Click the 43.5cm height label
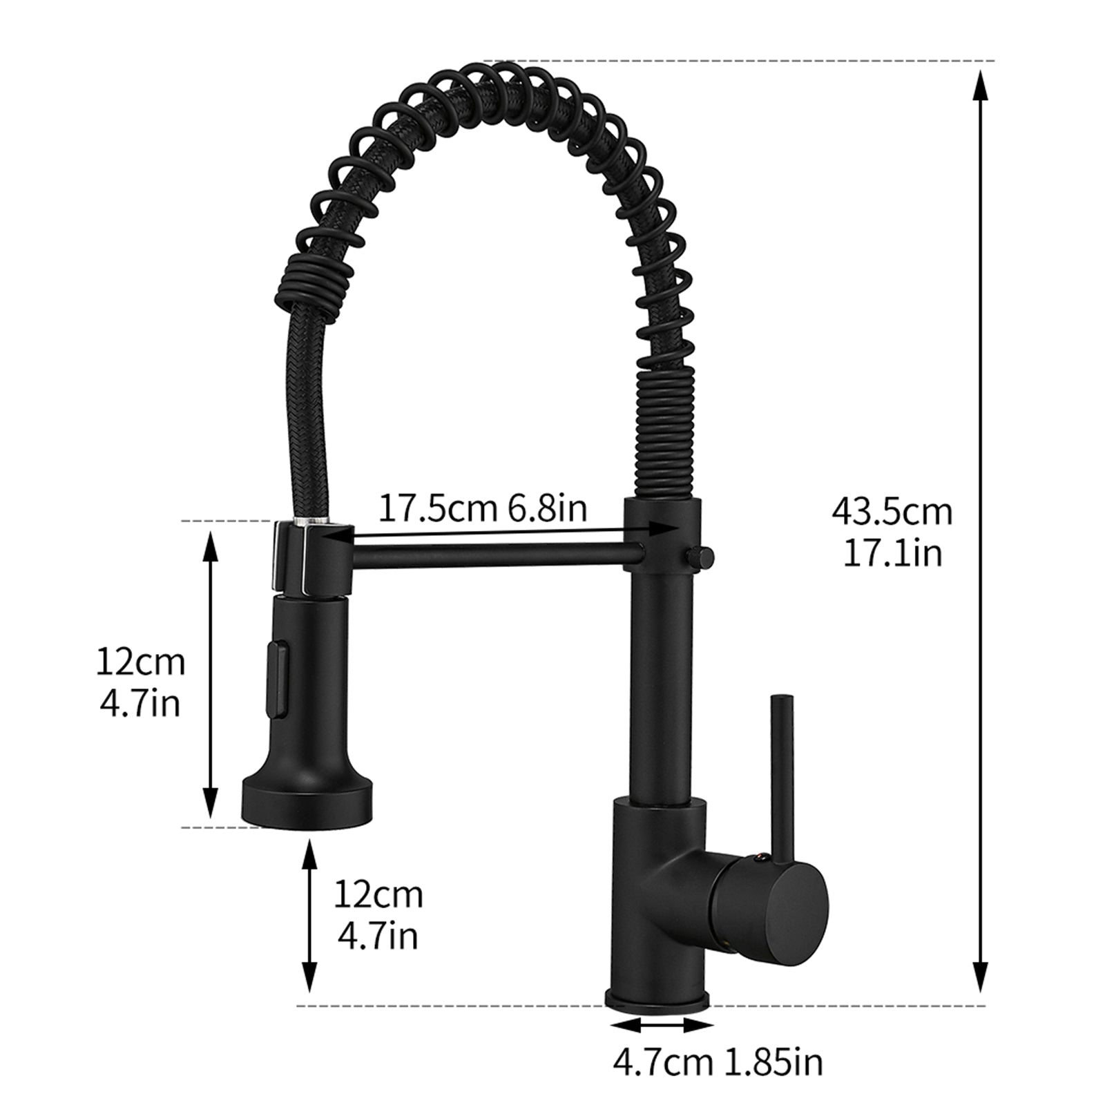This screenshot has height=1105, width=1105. pyautogui.click(x=892, y=512)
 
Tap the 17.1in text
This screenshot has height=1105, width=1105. pyautogui.click(x=892, y=553)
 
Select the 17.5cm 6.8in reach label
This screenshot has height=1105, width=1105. pyautogui.click(x=483, y=509)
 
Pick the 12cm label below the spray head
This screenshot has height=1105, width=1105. pyautogui.click(x=378, y=895)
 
